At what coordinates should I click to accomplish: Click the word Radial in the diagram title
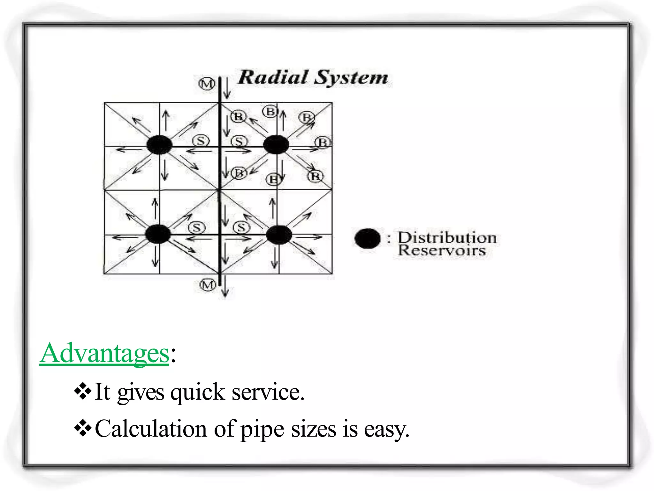(273, 77)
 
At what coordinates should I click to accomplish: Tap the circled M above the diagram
(207, 84)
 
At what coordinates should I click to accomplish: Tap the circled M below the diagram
(208, 284)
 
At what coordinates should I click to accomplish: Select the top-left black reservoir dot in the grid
(159, 145)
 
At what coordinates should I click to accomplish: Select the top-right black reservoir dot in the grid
(276, 144)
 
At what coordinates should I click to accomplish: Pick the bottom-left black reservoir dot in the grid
(158, 234)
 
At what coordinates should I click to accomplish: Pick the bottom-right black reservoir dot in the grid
(279, 235)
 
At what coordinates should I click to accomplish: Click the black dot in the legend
(368, 238)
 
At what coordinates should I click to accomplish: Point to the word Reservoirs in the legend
(442, 250)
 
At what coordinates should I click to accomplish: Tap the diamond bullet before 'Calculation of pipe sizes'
(83, 428)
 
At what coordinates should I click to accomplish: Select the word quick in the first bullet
(197, 392)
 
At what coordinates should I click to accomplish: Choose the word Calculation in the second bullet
(151, 429)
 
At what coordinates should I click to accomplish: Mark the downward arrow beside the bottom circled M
(225, 286)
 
